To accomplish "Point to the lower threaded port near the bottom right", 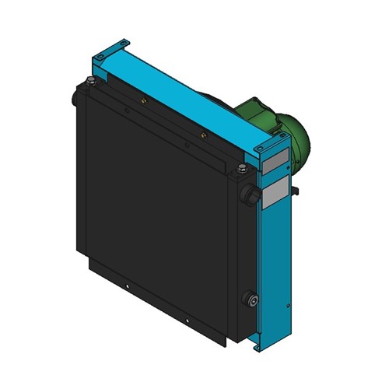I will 250,300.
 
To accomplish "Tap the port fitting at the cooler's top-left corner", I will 75,97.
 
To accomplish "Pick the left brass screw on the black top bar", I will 143,100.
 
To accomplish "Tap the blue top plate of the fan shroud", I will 179,93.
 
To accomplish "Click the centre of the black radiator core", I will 156,210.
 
